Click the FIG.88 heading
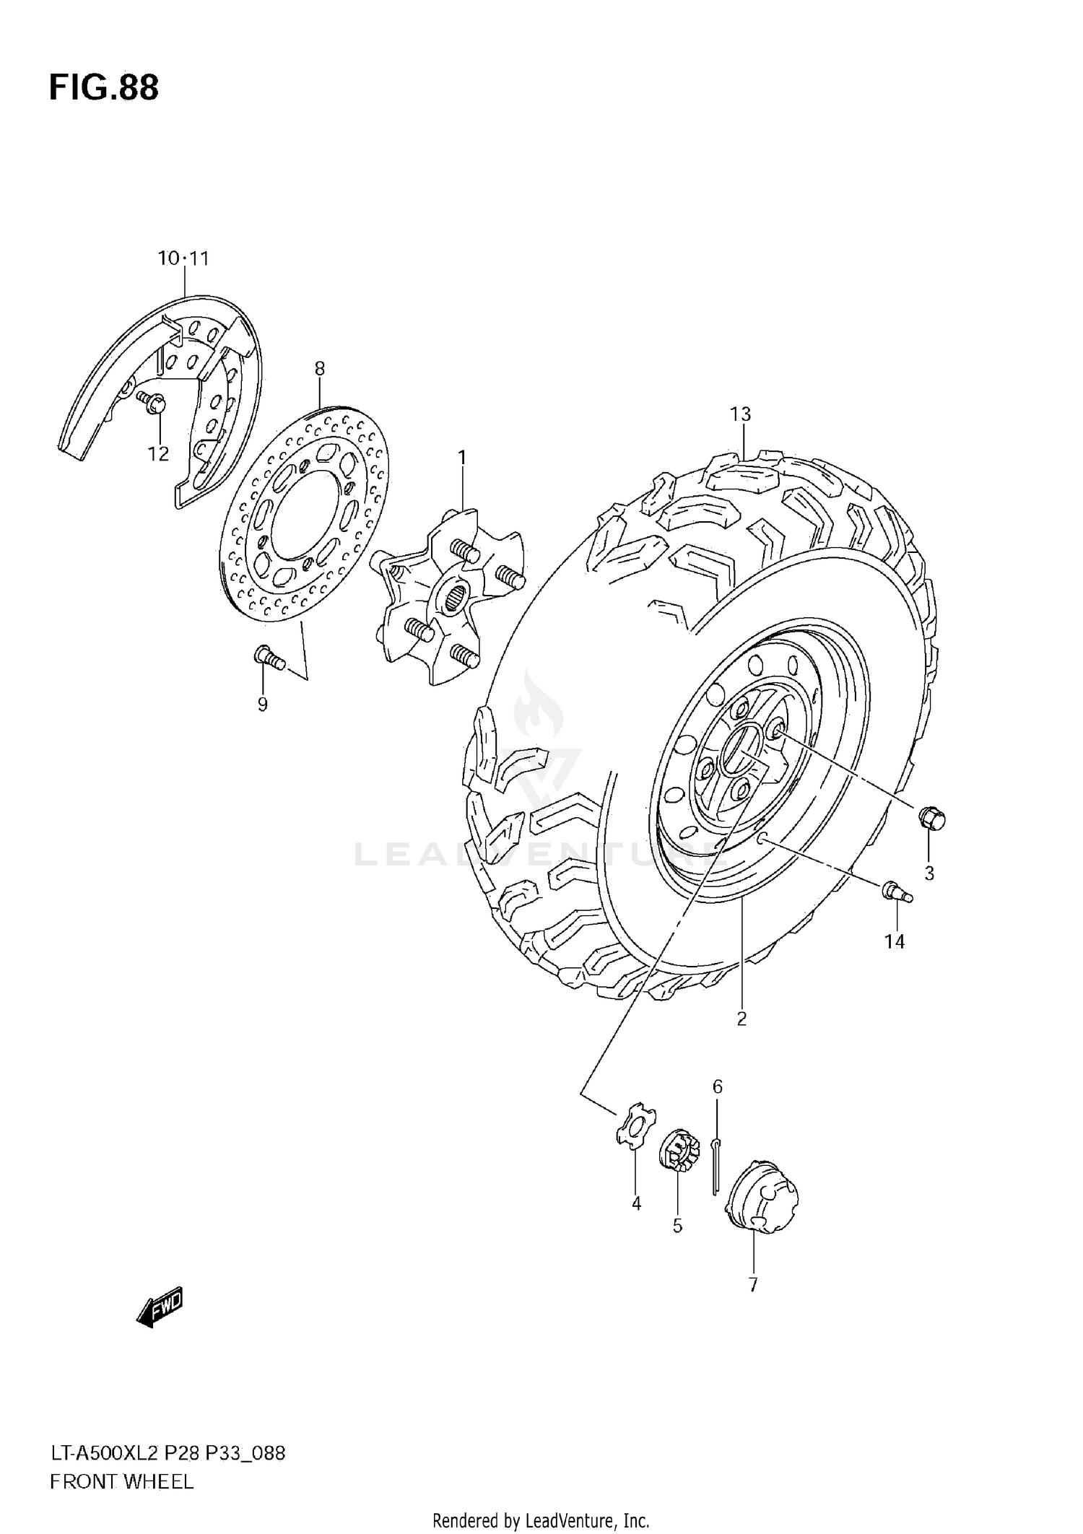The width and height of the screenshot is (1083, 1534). coord(104,88)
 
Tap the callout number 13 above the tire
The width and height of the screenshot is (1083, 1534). coord(740,414)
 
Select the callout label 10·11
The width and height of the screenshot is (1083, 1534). coord(183,258)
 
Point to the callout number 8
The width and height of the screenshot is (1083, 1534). coord(319,369)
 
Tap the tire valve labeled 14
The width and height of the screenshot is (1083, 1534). coord(895,892)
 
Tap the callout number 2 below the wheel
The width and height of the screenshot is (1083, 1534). coord(741,1019)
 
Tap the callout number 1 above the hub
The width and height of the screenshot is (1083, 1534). coord(461,458)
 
